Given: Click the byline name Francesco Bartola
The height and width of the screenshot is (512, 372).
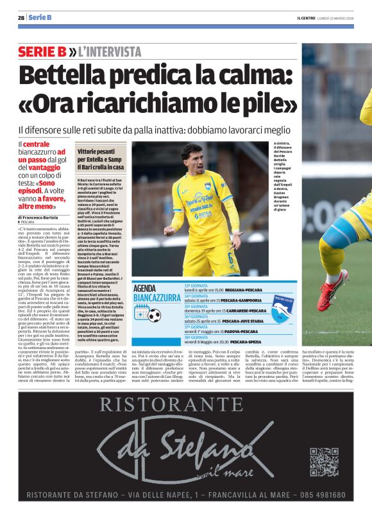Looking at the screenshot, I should point(43,218).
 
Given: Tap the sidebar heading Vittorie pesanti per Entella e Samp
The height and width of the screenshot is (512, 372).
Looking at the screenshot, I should point(101,158).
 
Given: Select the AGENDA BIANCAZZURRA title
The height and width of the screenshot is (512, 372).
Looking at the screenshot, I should point(157,293).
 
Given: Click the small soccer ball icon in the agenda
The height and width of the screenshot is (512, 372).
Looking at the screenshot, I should point(154,315).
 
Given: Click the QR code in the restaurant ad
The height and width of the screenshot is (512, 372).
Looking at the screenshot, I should point(324,462).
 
